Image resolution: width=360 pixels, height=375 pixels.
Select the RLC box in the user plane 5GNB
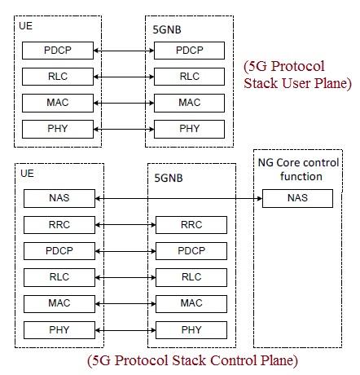[189, 77]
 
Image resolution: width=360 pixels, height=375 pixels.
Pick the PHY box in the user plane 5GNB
[189, 129]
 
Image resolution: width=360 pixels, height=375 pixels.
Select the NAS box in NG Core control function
[297, 198]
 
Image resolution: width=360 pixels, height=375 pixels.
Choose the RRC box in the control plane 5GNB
[191, 224]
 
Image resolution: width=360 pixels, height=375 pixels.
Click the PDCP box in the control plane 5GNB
[191, 250]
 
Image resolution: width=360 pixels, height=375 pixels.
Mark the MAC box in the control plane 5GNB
[191, 303]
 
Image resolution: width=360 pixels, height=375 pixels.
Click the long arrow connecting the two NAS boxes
[178, 198]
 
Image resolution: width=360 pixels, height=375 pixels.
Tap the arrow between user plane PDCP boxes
[124, 51]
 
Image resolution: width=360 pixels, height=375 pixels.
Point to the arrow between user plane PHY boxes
[124, 129]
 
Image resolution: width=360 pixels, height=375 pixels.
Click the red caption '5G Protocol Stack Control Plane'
[192, 360]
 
